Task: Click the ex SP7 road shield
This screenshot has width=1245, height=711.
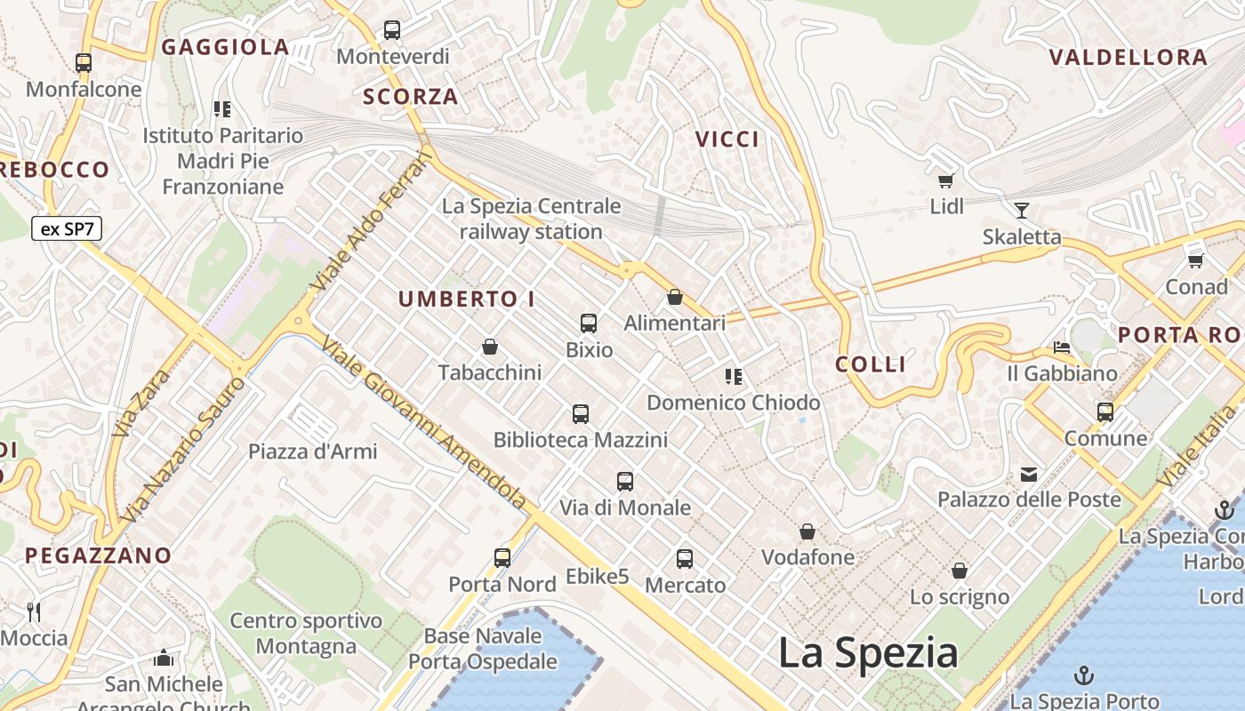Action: click(67, 228)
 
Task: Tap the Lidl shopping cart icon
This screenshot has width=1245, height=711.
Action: click(945, 181)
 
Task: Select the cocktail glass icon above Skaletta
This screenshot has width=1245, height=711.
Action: click(1022, 211)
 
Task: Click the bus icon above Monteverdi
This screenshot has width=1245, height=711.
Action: click(392, 30)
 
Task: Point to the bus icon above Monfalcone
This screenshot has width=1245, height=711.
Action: click(84, 63)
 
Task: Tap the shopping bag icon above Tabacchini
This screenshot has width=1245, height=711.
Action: click(489, 346)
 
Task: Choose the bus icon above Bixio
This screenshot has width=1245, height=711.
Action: click(589, 324)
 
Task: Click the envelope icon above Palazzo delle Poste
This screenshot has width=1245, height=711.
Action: click(1029, 474)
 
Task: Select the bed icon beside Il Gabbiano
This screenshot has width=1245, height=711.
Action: click(1062, 347)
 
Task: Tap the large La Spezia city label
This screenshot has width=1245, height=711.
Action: click(868, 653)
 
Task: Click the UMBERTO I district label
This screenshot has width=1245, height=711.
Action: click(466, 300)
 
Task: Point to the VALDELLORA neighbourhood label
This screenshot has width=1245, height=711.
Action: click(1129, 58)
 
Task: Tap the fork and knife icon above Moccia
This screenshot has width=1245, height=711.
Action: click(34, 611)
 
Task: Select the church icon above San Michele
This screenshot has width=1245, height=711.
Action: click(164, 659)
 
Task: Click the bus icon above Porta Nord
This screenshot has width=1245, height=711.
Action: click(502, 558)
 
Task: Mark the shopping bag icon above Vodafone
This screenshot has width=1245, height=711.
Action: click(807, 531)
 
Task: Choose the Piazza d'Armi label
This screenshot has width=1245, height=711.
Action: click(312, 451)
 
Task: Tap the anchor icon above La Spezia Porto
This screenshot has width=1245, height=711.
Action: click(1084, 675)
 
